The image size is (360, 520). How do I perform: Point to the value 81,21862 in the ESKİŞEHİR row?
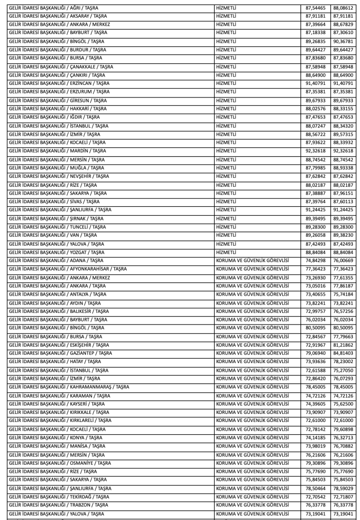pyautogui.click(x=344, y=356)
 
